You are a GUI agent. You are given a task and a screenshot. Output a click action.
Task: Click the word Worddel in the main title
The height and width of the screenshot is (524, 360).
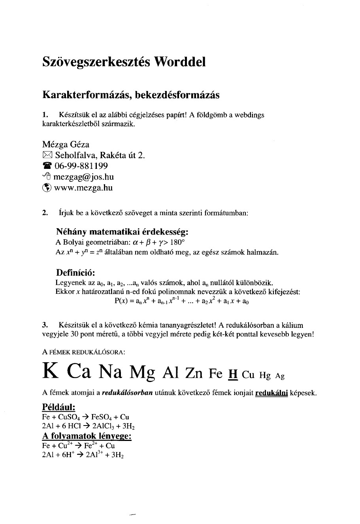180,62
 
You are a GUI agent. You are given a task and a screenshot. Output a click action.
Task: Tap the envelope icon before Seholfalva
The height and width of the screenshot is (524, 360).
47,155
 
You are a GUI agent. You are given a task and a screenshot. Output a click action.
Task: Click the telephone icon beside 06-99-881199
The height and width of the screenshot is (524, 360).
47,166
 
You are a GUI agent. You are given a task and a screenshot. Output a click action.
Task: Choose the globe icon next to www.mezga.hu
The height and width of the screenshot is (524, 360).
47,188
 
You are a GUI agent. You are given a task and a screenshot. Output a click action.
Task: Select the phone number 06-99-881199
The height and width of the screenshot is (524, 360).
81,166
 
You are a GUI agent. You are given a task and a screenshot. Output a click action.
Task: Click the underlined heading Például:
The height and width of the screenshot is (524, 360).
58,407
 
